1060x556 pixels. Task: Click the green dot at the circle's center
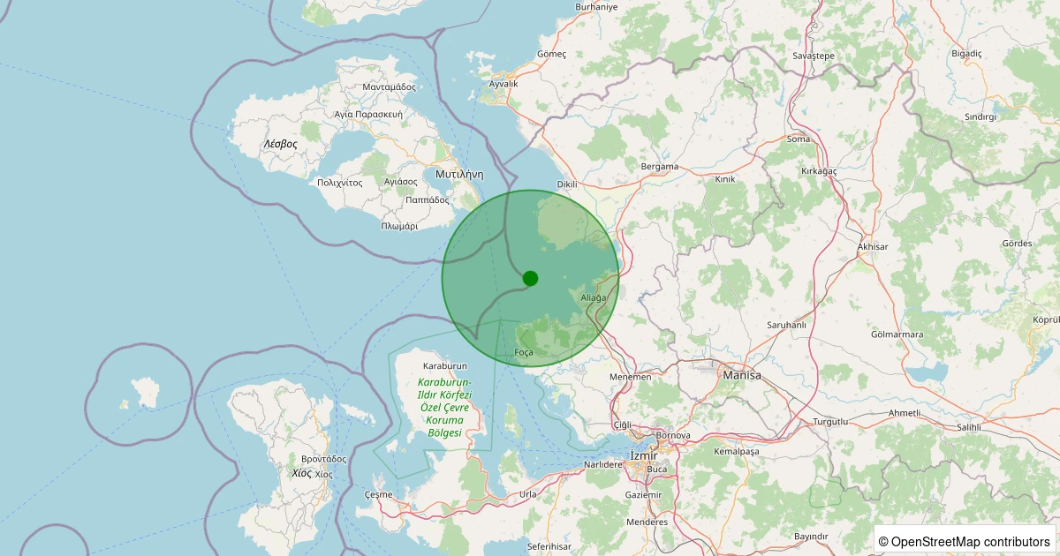[530, 278]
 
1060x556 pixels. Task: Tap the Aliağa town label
[594, 298]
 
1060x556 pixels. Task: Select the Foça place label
[524, 353]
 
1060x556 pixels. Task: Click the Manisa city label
[741, 375]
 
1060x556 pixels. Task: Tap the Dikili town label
[567, 184]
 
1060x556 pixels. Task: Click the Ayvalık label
[503, 84]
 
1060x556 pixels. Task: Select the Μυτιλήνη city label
[458, 174]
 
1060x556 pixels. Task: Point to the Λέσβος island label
[280, 143]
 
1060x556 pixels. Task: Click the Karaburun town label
[444, 365]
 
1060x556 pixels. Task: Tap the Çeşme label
[378, 494]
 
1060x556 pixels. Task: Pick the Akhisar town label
[872, 246]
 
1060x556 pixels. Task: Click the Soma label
[799, 139]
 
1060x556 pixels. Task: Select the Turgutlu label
[829, 422]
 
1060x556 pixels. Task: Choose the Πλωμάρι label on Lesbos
[399, 226]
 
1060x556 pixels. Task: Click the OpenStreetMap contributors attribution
[964, 541]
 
